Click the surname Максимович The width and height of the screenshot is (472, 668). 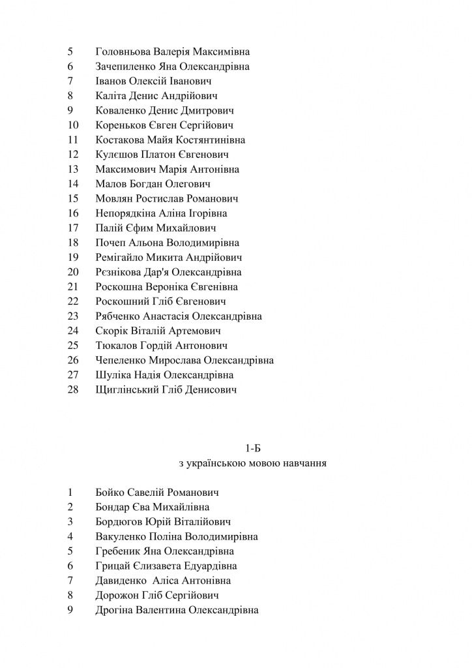[123, 170]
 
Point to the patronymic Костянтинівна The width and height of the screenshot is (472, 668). [212, 140]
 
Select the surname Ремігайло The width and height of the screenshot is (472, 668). [119, 258]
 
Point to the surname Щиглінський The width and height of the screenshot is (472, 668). [126, 390]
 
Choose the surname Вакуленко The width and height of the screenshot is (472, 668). [121, 537]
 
